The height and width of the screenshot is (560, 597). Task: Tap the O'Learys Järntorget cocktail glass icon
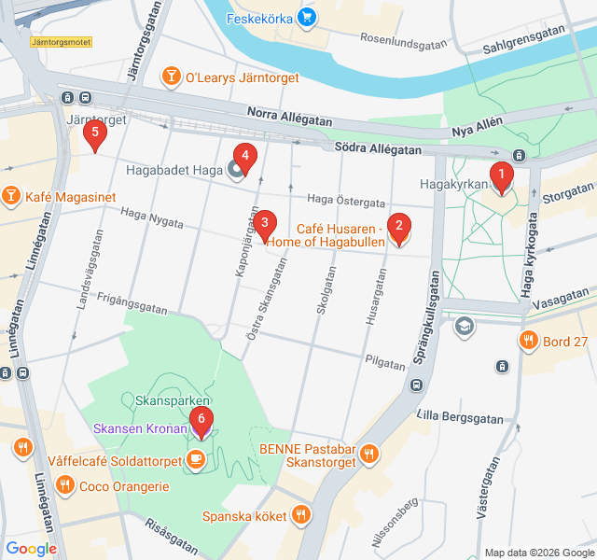pos(171,77)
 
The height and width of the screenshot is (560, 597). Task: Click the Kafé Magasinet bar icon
pos(10,196)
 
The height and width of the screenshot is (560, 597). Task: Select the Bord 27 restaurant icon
pos(529,341)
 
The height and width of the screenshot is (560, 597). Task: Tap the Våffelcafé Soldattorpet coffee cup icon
pos(195,458)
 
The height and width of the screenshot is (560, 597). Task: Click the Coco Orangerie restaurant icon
pos(63,485)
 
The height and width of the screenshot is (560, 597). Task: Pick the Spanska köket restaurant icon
pos(300,513)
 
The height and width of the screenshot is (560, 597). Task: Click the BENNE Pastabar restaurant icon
pos(370,455)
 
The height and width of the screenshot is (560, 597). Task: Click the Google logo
pos(31,548)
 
